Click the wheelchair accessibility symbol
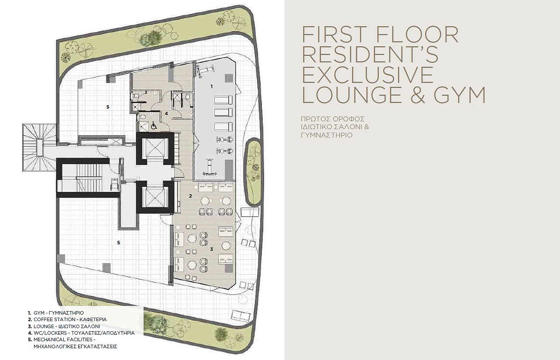pos(154,126)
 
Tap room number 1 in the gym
pos(212,86)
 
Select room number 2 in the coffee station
pos(190,196)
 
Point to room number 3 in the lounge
pos(212,249)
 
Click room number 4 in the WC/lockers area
pos(166,113)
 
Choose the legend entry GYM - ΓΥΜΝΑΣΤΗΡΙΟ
pos(56,313)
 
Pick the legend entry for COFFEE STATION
pos(67,319)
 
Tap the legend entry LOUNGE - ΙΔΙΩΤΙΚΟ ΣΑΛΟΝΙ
pos(64,326)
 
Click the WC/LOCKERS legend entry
pos(81,333)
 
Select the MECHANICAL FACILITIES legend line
pos(65,340)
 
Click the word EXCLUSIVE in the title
pos(368,75)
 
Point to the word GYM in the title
pos(459,95)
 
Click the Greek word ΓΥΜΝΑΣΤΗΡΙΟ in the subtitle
pos(327,135)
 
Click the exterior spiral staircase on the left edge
pos(39,147)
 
